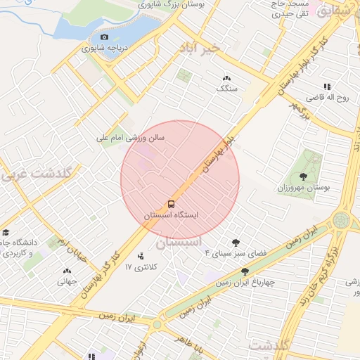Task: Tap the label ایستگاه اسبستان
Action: (x=172, y=215)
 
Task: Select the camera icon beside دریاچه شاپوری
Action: (x=105, y=37)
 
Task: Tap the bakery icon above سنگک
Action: (x=226, y=78)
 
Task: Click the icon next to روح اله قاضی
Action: (x=327, y=86)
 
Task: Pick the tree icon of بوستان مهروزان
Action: (x=303, y=176)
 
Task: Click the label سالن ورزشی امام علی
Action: (x=131, y=139)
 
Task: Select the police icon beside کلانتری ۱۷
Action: (x=141, y=257)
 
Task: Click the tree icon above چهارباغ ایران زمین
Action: (x=245, y=271)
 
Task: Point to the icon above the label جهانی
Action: (x=67, y=271)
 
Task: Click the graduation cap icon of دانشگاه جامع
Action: (x=6, y=232)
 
